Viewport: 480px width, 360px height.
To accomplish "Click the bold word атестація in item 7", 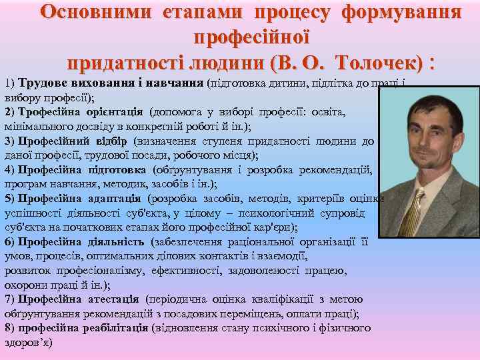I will coord(111,299).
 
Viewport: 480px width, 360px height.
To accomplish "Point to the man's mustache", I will coord(421,147).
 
